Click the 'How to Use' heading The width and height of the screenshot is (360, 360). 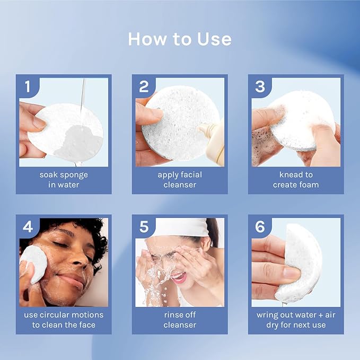(x=180, y=39)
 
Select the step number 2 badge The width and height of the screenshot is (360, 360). (x=143, y=86)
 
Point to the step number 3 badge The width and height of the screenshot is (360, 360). (x=259, y=86)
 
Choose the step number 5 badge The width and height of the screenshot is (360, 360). (x=143, y=227)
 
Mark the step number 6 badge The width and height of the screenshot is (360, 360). (x=259, y=227)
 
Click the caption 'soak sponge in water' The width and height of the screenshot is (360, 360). (x=64, y=179)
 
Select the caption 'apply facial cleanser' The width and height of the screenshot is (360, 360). (x=180, y=179)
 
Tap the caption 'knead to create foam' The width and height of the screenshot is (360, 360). (x=296, y=179)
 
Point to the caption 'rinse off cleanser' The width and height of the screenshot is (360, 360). (x=180, y=320)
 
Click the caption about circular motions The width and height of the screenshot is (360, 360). (x=64, y=320)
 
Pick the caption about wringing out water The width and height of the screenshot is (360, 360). (x=296, y=320)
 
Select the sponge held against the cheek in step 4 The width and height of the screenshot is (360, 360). (x=33, y=264)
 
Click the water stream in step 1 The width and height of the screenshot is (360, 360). (x=82, y=93)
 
